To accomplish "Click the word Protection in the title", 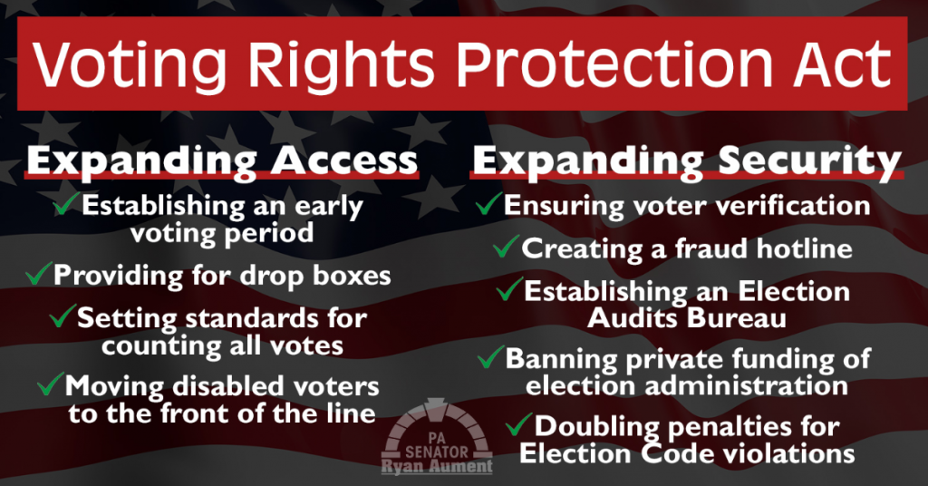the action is click(614, 64).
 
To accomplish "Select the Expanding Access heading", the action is click(223, 160).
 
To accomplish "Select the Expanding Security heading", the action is click(687, 160).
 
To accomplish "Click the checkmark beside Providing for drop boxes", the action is click(38, 274).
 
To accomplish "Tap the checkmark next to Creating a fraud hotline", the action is click(507, 247).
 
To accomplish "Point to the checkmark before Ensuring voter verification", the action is click(488, 204).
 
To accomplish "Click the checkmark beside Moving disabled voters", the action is click(51, 384).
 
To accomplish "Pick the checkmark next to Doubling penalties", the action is click(519, 424).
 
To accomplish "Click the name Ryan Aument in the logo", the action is click(437, 466).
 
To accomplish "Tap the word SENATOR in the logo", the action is click(437, 452).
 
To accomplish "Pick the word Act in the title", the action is click(843, 64).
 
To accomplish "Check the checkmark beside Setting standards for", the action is click(63, 316).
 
